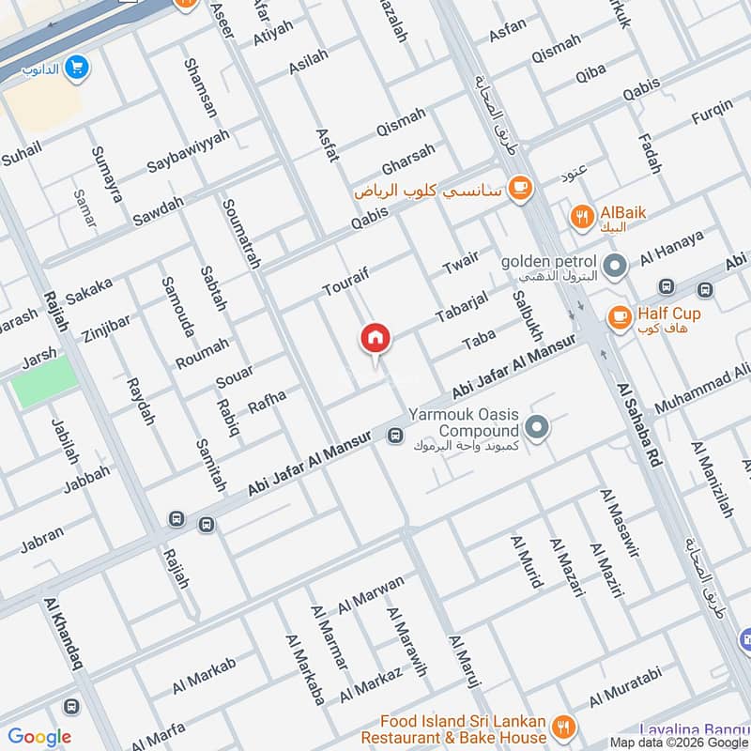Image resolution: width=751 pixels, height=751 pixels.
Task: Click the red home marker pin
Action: pos(375,338)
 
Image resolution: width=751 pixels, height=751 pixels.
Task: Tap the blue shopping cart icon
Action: pos(77,68)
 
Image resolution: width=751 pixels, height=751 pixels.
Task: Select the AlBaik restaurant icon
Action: pos(582,216)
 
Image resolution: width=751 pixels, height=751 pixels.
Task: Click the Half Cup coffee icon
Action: pos(619,316)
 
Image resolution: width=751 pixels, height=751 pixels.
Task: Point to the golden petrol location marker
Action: pos(615,268)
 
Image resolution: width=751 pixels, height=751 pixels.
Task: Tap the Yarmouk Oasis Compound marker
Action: pos(537,428)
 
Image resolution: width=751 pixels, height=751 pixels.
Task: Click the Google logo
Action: pos(39,737)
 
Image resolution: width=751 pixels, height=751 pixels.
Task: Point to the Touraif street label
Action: pos(350,277)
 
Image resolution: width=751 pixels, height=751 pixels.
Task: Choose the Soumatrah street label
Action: pos(240,234)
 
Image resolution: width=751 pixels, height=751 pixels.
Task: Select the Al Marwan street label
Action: pos(371,593)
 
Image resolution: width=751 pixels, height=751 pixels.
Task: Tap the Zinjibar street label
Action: pos(104,320)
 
